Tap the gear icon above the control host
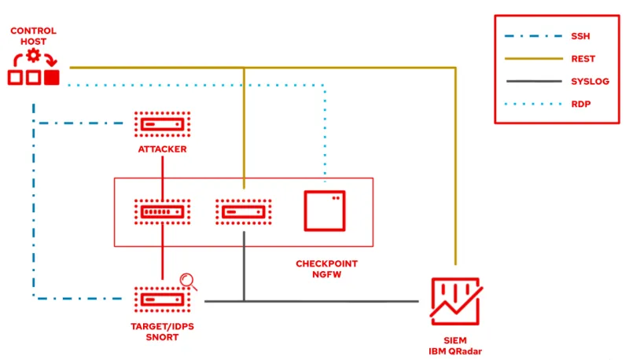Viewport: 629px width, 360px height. point(33,55)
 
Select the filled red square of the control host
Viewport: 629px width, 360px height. point(52,77)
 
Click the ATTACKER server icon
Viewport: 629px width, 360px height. point(162,123)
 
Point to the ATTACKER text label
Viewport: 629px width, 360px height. point(162,149)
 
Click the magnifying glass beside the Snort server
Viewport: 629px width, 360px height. point(189,281)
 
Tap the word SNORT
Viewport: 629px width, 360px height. point(162,337)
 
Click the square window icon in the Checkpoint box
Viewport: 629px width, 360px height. point(325,210)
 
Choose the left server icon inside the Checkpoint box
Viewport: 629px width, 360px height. point(162,211)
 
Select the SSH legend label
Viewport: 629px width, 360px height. point(579,36)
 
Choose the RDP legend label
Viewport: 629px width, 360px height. point(579,103)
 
